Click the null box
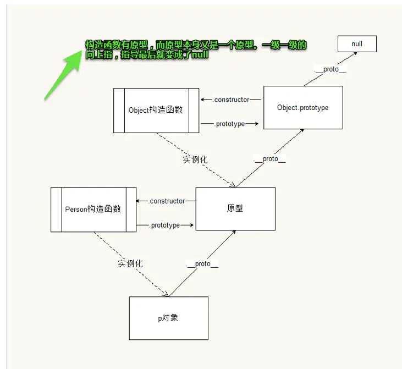pyautogui.click(x=357, y=44)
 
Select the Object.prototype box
pyautogui.click(x=303, y=107)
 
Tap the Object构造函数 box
pyautogui.click(x=156, y=111)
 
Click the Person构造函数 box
pyautogui.click(x=93, y=210)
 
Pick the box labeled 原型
pyautogui.click(x=235, y=209)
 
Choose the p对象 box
pyautogui.click(x=168, y=318)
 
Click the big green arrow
pyautogui.click(x=63, y=75)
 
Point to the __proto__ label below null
pyautogui.click(x=330, y=69)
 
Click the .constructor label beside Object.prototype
pyautogui.click(x=232, y=100)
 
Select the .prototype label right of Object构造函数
pyautogui.click(x=230, y=124)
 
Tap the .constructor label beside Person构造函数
pyautogui.click(x=167, y=201)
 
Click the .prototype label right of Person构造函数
pyautogui.click(x=165, y=225)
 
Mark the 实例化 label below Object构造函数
pyautogui.click(x=195, y=159)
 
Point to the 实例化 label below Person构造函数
pyautogui.click(x=130, y=263)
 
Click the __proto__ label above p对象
pyautogui.click(x=202, y=264)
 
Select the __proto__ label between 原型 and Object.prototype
pyautogui.click(x=269, y=159)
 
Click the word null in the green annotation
pyautogui.click(x=200, y=54)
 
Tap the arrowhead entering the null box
pyautogui.click(x=355, y=53)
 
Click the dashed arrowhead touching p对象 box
pyautogui.click(x=166, y=294)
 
